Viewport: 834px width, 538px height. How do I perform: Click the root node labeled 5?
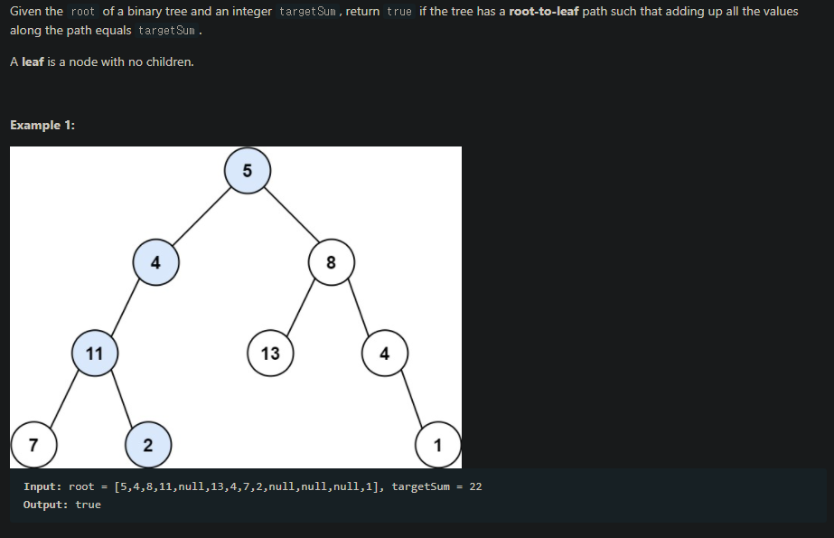pyautogui.click(x=248, y=171)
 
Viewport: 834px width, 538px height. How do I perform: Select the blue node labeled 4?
pyautogui.click(x=155, y=263)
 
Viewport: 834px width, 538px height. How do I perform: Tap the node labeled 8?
pyautogui.click(x=331, y=263)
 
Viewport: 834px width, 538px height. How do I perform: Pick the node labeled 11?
pyautogui.click(x=95, y=353)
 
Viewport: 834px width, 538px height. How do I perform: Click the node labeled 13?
pyautogui.click(x=270, y=353)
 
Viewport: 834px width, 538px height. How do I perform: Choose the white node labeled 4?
pyautogui.click(x=385, y=353)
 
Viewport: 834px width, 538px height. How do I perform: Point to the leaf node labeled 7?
pyautogui.click(x=33, y=444)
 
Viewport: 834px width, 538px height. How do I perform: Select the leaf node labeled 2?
pyautogui.click(x=147, y=444)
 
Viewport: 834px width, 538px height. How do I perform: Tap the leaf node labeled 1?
pyautogui.click(x=438, y=444)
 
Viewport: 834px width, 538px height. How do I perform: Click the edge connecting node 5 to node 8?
pyautogui.click(x=289, y=217)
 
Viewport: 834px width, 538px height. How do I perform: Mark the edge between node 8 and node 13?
pyautogui.click(x=300, y=308)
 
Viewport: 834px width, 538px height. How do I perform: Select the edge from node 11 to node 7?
pyautogui.click(x=64, y=399)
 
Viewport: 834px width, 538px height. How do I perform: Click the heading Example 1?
pyautogui.click(x=42, y=125)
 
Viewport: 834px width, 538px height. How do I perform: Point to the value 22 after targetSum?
pyautogui.click(x=475, y=486)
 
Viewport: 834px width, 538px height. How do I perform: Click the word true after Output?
pyautogui.click(x=89, y=505)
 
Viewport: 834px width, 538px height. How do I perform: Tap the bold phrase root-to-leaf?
pyautogui.click(x=540, y=11)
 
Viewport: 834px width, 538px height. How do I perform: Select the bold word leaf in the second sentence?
pyautogui.click(x=33, y=62)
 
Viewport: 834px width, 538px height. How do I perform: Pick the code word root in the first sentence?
pyautogui.click(x=81, y=12)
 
